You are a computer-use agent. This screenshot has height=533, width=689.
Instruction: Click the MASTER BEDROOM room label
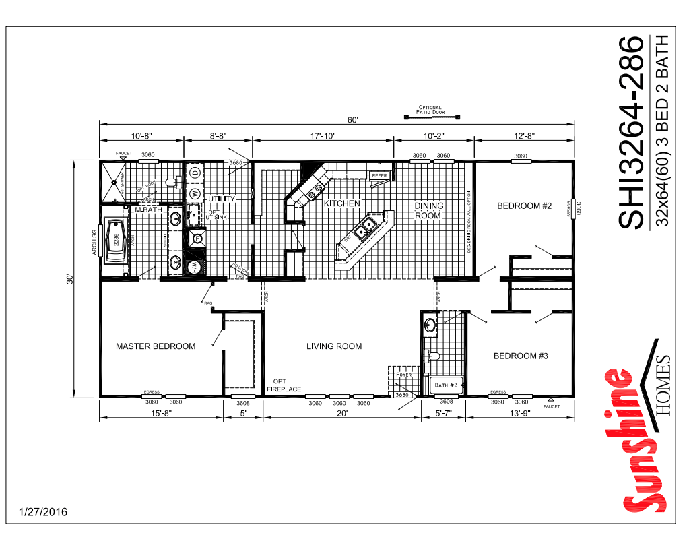click(156, 346)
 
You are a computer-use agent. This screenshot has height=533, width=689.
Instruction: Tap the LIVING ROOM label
click(334, 346)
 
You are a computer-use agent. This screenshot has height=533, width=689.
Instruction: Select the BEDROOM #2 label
click(524, 206)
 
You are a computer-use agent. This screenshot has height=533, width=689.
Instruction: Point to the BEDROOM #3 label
click(521, 356)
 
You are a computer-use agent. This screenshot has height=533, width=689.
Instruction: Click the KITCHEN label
click(342, 203)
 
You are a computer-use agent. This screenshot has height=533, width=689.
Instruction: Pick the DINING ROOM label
click(428, 210)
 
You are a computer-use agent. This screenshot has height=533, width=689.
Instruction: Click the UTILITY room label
click(221, 199)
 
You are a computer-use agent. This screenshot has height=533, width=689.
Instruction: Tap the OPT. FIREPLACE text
click(283, 385)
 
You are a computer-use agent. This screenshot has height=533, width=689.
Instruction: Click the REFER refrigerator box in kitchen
click(379, 175)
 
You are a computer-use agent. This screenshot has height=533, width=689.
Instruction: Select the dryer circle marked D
click(195, 173)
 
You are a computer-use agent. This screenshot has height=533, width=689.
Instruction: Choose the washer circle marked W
click(195, 193)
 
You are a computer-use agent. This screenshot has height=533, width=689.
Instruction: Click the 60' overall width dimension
click(352, 120)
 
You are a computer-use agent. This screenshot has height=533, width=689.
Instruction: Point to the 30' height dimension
click(70, 278)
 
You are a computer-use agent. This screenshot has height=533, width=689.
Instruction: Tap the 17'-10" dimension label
click(323, 136)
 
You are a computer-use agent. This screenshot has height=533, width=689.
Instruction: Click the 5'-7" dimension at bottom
click(443, 414)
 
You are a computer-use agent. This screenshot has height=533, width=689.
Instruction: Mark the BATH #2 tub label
click(446, 385)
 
